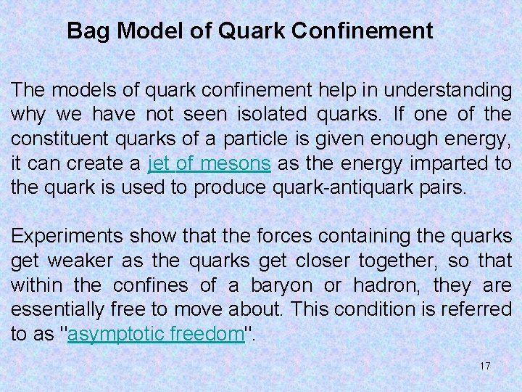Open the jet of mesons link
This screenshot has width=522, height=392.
click(x=210, y=163)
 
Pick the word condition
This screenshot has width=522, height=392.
click(x=392, y=309)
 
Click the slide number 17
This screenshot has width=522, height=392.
click(x=485, y=366)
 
